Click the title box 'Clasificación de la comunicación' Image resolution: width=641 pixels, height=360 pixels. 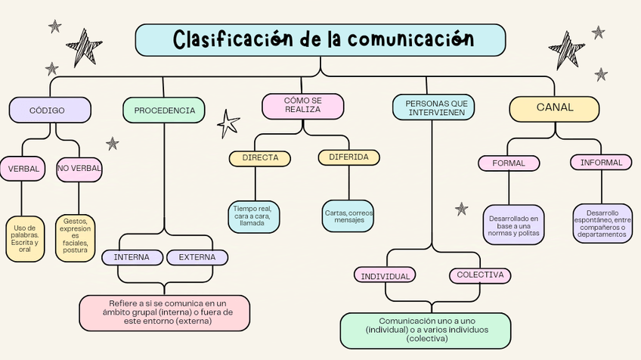tap(320, 40)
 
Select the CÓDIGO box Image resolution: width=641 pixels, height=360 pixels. tap(50, 110)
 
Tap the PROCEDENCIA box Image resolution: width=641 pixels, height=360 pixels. tap(164, 110)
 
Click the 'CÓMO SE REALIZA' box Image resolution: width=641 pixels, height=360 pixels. tap(302, 105)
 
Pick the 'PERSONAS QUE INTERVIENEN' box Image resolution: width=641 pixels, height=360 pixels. tap(433, 107)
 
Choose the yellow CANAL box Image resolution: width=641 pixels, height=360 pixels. tap(554, 108)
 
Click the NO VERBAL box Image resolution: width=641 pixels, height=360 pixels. tap(79, 169)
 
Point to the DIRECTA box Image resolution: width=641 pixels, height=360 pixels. tap(260, 158)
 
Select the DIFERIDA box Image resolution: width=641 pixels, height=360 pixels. tap(348, 157)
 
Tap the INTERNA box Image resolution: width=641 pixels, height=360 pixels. tap(132, 257)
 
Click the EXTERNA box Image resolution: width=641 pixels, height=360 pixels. tap(197, 257)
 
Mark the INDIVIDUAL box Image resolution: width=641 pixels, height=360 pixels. tap(385, 276)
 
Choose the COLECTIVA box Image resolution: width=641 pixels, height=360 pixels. tap(480, 275)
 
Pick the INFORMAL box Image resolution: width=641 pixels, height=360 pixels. tap(601, 163)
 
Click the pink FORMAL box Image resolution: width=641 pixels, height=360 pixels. tap(509, 163)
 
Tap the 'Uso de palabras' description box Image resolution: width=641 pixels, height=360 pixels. tap(25, 238)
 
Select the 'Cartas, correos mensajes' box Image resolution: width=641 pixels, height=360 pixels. tap(348, 216)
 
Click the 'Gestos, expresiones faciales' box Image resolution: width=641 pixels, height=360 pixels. tap(76, 238)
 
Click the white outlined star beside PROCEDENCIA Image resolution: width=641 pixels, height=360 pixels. tap(228, 123)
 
